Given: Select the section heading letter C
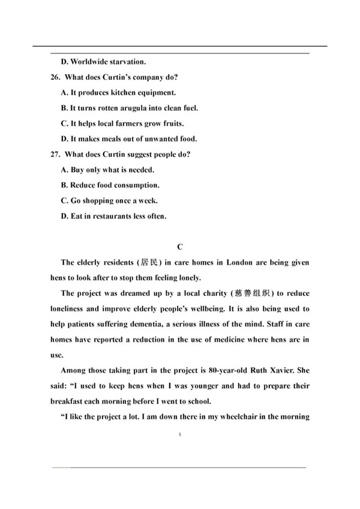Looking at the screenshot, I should [179, 247].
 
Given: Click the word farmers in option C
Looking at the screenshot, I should [128, 124].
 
